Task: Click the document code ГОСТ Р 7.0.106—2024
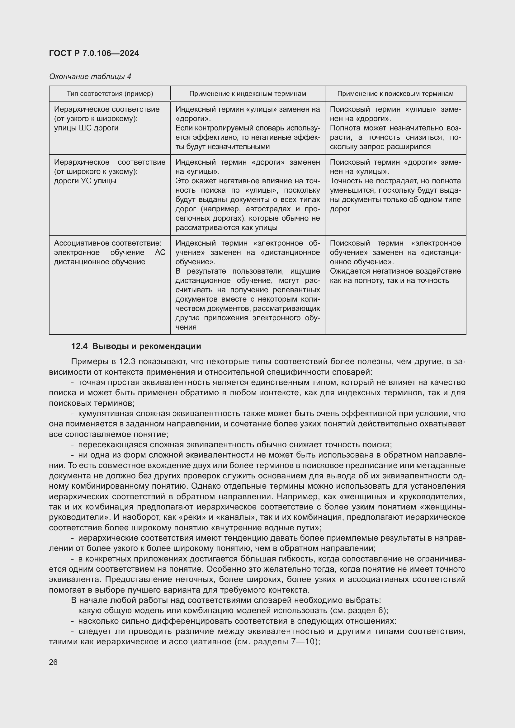pyautogui.click(x=94, y=53)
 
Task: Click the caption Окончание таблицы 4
pyautogui.click(x=90, y=77)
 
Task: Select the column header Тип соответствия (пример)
pyautogui.click(x=110, y=94)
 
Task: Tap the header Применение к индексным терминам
pyautogui.click(x=247, y=94)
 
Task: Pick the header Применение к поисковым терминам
pyautogui.click(x=395, y=94)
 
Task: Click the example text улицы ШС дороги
pyautogui.click(x=86, y=128)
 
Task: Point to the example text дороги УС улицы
pyautogui.click(x=85, y=181)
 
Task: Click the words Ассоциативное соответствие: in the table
pyautogui.click(x=107, y=243)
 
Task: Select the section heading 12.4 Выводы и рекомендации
pyautogui.click(x=136, y=346)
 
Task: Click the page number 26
pyautogui.click(x=53, y=662)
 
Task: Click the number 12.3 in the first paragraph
pyautogui.click(x=128, y=362)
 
